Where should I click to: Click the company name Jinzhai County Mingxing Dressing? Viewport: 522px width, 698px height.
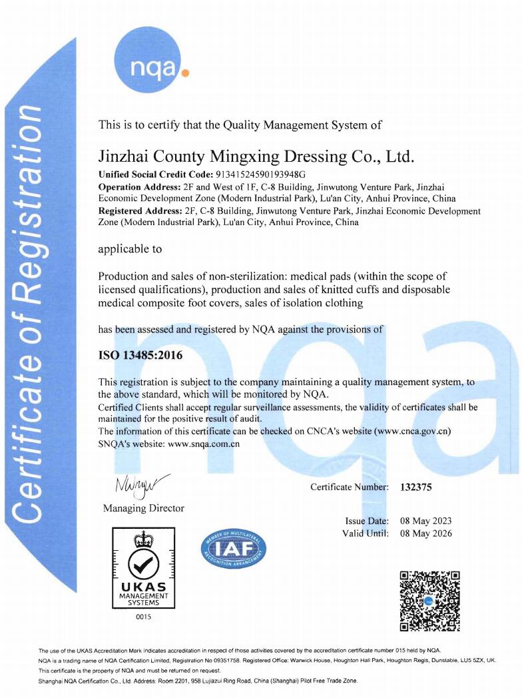click(256, 157)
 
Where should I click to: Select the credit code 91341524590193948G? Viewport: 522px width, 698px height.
click(238, 174)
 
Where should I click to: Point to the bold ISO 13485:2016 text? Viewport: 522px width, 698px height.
click(140, 355)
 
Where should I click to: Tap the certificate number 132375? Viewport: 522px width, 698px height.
click(416, 487)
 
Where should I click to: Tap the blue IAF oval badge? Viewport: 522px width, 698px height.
click(233, 550)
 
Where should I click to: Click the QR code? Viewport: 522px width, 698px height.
click(429, 601)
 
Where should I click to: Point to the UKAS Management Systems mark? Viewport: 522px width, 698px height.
click(143, 567)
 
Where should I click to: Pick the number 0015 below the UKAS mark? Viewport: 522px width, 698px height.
click(143, 617)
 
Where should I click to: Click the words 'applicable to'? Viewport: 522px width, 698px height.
click(130, 249)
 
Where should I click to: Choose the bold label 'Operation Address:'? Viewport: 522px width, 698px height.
click(139, 186)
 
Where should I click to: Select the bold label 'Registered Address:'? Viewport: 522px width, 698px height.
click(143, 211)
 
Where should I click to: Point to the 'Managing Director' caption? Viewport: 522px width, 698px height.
click(143, 508)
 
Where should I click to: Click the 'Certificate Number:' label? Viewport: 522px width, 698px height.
click(350, 487)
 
